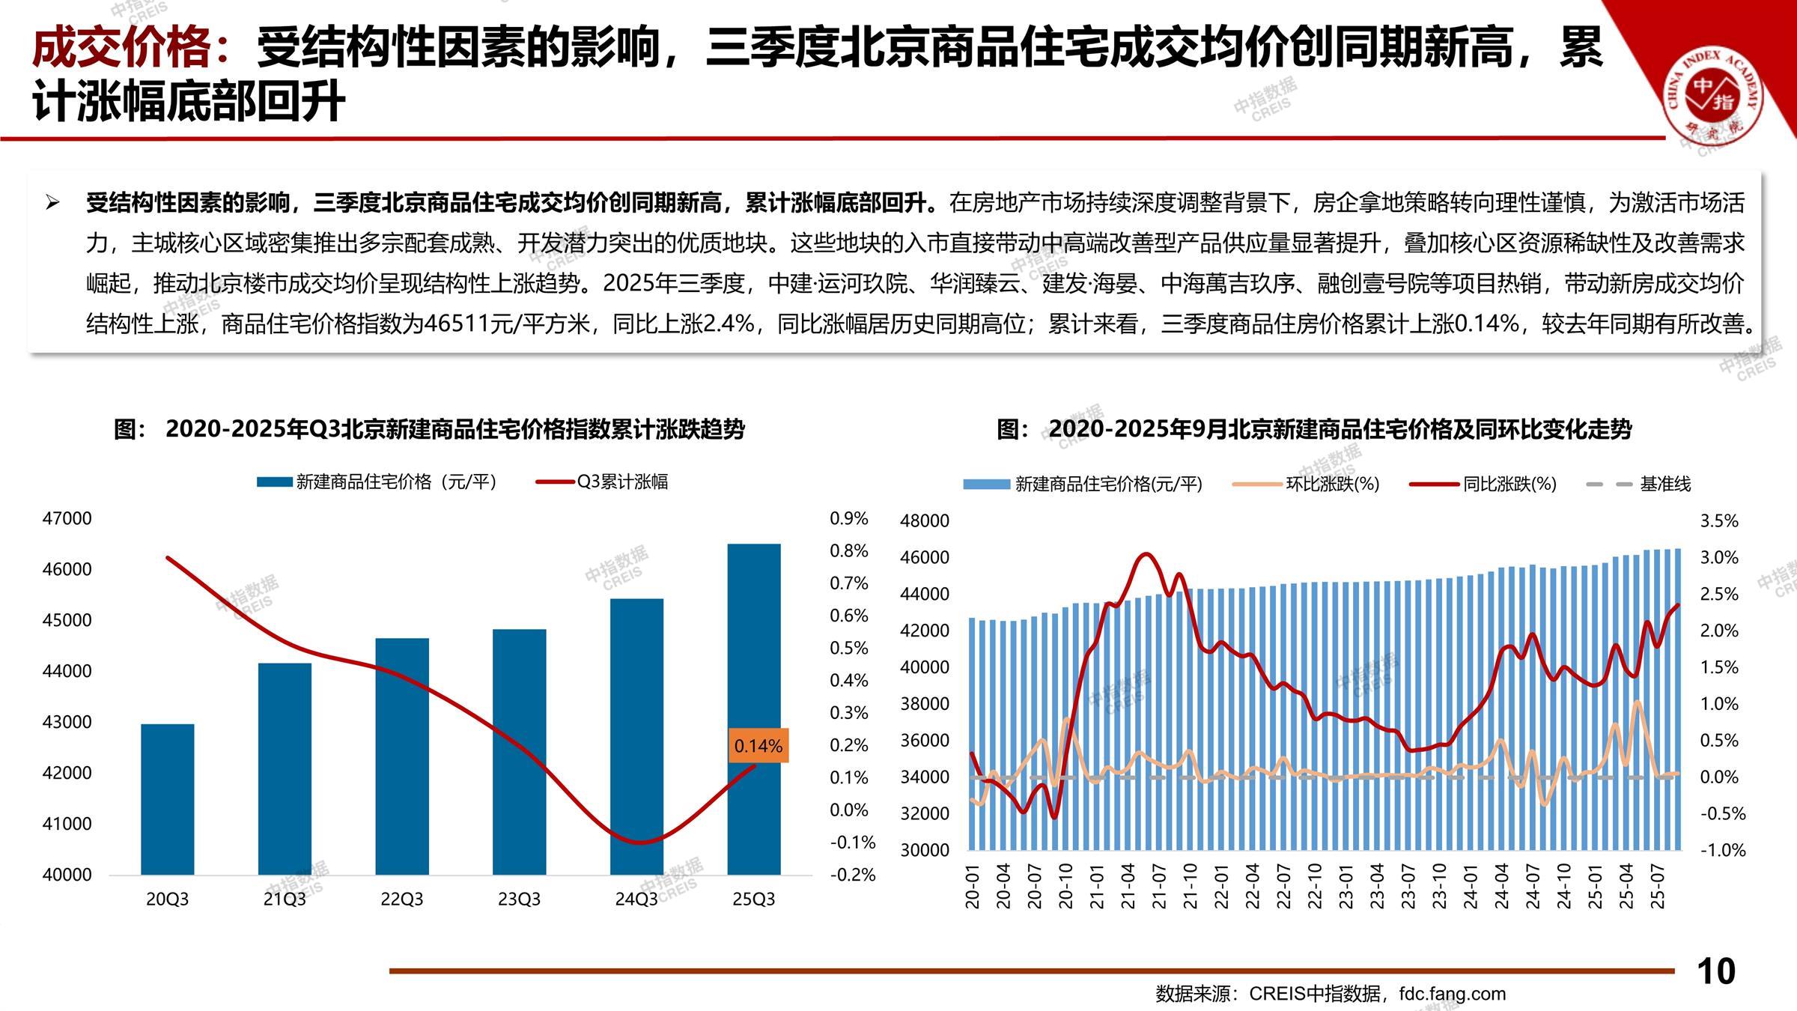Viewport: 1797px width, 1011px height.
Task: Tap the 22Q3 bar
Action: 402,756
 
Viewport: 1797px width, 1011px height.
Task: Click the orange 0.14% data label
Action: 758,746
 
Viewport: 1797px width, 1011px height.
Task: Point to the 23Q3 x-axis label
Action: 519,899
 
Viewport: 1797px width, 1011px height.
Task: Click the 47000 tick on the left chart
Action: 67,518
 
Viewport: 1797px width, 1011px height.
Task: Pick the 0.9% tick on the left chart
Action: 848,518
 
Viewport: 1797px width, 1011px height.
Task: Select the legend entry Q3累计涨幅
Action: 621,482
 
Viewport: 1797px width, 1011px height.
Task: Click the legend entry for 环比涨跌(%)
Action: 1332,485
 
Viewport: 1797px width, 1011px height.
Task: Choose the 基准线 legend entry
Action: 1664,485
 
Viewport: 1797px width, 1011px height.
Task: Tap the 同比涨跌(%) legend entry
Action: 1509,485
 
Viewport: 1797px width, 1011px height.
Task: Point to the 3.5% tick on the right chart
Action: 1719,521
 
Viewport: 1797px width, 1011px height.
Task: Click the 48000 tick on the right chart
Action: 924,521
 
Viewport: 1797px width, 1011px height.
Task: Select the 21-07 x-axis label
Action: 1159,886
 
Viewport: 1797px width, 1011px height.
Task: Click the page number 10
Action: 1715,971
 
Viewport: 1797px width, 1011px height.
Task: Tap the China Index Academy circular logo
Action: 1713,96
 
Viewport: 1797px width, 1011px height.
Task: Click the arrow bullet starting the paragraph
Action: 52,202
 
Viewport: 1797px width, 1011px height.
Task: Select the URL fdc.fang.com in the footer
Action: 1452,994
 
